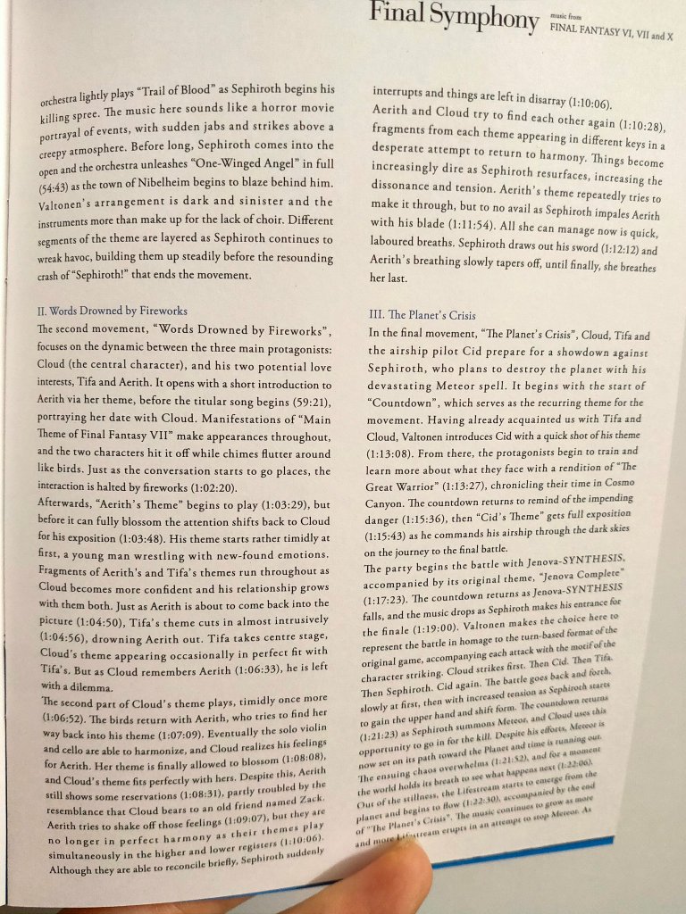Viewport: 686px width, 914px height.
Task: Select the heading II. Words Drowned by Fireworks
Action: pyautogui.click(x=112, y=312)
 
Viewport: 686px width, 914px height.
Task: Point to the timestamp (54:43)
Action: pyautogui.click(x=59, y=186)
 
